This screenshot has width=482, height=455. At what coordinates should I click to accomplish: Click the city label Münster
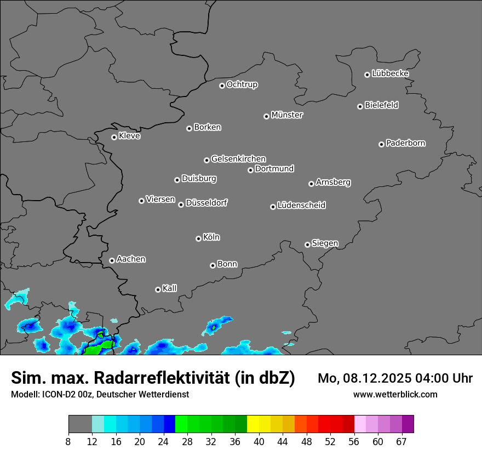coord(287,115)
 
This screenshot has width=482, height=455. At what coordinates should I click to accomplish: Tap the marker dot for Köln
coord(198,238)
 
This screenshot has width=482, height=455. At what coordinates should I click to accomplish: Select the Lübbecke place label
coord(390,73)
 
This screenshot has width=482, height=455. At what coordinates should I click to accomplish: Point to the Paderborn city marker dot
coord(381,144)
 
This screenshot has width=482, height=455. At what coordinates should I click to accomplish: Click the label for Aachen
coord(131,259)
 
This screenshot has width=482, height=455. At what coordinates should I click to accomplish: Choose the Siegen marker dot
coord(307,244)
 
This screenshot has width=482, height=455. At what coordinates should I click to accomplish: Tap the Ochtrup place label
coord(242,84)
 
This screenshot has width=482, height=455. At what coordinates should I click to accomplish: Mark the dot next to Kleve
coord(114,137)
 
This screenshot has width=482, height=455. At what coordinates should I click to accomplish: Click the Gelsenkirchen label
coord(238,159)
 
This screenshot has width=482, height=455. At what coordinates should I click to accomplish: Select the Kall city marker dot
coord(158,289)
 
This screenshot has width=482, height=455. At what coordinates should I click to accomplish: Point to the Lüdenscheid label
coord(301,206)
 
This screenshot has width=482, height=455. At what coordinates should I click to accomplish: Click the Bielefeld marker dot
coord(360,106)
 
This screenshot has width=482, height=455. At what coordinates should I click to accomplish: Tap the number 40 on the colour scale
coord(259,442)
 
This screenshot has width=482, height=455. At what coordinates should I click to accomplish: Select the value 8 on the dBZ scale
coord(68,442)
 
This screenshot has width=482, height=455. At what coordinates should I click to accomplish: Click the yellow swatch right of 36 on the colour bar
coord(253,424)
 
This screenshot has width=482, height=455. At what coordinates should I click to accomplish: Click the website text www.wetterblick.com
coord(395,394)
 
